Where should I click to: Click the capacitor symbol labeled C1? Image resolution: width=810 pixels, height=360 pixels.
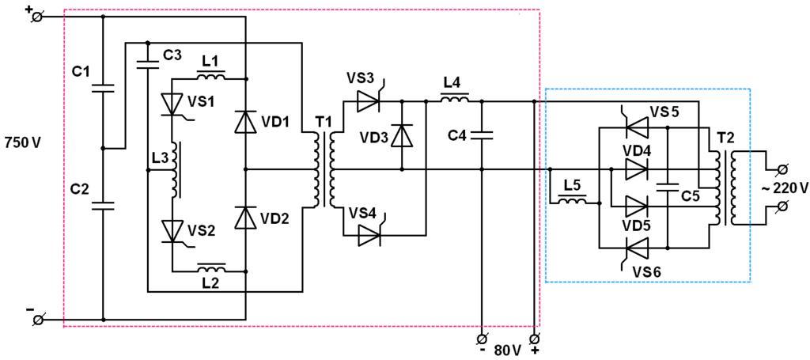click(104, 86)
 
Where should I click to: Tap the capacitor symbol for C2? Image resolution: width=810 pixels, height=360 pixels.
click(104, 206)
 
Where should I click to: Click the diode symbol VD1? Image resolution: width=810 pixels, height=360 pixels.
click(246, 123)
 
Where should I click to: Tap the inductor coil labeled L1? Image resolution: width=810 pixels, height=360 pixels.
click(210, 78)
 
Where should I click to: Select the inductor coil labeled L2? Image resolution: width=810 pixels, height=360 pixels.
click(210, 269)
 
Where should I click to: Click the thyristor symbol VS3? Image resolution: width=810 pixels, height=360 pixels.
click(368, 101)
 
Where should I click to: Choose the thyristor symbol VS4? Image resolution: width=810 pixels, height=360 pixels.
click(369, 235)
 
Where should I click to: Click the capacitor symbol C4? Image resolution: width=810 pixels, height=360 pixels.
click(481, 135)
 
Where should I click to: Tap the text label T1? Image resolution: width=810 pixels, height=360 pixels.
click(324, 123)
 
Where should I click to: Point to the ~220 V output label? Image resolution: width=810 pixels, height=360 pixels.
click(785, 188)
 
